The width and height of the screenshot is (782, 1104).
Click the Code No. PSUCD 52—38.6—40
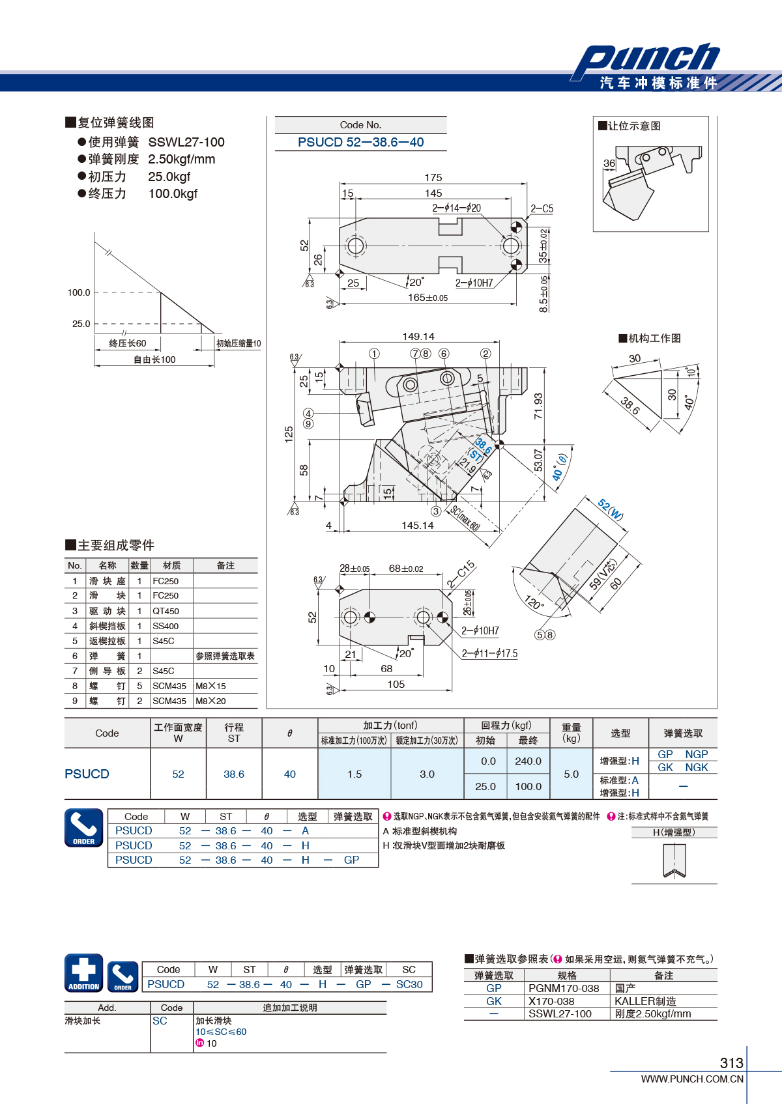click(x=360, y=143)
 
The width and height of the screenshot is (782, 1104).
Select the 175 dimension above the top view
click(x=433, y=177)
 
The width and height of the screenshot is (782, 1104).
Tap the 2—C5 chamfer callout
click(x=542, y=209)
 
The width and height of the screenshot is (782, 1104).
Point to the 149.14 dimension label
click(x=418, y=337)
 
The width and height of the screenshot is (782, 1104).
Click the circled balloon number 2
click(x=485, y=354)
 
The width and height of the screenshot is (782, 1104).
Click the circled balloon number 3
click(x=436, y=511)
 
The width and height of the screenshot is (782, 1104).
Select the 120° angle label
click(x=534, y=602)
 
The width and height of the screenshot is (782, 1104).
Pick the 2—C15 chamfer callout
click(x=461, y=574)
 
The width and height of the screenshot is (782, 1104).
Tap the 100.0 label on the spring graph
click(x=79, y=292)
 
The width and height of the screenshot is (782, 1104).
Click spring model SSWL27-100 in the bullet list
click(x=186, y=143)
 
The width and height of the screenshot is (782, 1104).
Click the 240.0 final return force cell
click(x=528, y=761)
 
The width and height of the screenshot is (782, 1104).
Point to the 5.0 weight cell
click(x=571, y=774)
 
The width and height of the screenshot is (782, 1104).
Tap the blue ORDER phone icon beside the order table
click(x=84, y=828)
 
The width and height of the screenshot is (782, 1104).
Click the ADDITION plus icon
click(x=84, y=973)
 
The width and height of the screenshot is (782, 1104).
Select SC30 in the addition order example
click(x=409, y=984)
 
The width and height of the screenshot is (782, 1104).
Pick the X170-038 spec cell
click(x=551, y=1001)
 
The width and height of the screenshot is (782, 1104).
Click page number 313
click(x=732, y=1062)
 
